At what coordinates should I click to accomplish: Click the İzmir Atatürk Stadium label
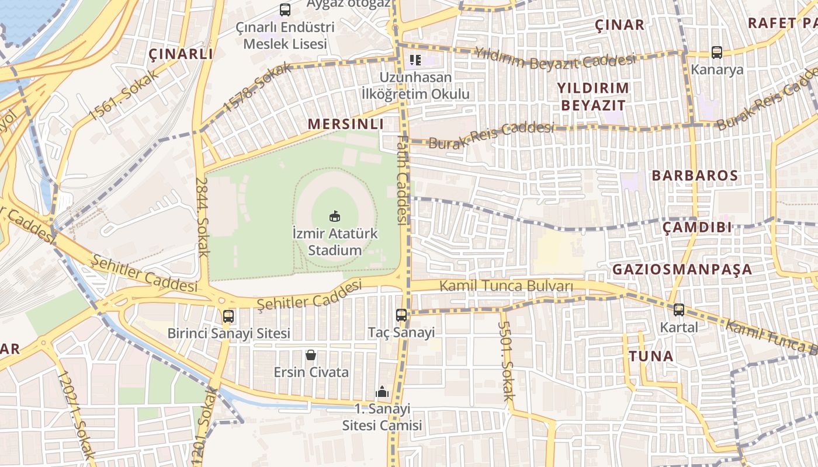335,242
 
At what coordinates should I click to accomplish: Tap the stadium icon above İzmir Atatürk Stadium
335,217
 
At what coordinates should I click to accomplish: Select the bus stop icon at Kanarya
717,53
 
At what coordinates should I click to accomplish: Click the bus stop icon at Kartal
678,310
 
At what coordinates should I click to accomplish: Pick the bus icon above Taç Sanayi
401,315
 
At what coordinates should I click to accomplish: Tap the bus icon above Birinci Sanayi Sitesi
228,316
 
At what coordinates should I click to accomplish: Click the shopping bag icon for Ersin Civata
311,355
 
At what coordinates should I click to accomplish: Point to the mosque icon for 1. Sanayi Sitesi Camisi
382,391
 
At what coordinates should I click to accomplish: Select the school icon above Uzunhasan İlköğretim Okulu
415,60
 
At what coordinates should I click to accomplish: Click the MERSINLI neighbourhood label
345,124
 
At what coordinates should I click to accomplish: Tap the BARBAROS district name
695,176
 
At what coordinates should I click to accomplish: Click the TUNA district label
651,356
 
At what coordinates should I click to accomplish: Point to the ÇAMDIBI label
697,228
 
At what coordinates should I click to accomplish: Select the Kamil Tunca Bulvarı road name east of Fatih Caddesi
505,286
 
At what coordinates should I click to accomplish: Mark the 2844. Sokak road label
202,217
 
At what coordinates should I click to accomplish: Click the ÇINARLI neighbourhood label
181,54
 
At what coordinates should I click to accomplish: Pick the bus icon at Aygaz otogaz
285,10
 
